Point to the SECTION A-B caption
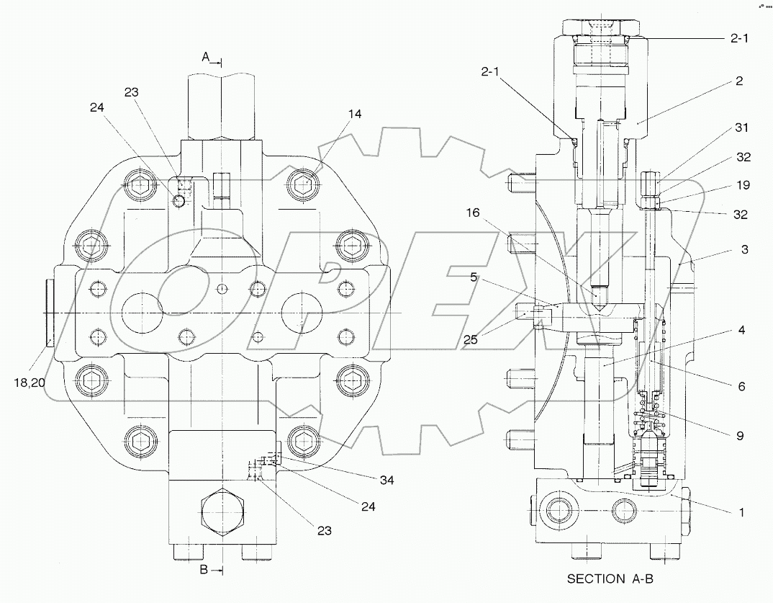(612, 579)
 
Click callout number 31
(741, 128)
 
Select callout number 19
(741, 185)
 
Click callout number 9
(741, 435)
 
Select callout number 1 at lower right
(741, 512)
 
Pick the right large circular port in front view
(302, 311)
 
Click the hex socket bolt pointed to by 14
(304, 184)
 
